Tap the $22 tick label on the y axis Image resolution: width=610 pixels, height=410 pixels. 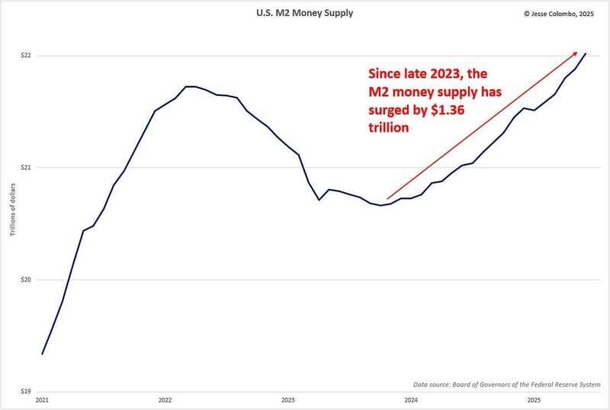[23, 56]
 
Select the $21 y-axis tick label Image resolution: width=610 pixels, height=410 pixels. [23, 168]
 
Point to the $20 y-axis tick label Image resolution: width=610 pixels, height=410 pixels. [23, 280]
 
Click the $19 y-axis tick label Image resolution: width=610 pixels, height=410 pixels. [23, 392]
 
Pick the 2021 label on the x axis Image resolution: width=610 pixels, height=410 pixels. [42, 399]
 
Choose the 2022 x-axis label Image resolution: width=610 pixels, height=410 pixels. [165, 399]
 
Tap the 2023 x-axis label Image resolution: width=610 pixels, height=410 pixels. [287, 399]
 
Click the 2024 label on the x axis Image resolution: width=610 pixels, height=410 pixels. [410, 399]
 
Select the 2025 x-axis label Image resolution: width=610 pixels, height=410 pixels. [533, 399]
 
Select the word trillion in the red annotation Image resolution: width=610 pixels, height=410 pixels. [390, 129]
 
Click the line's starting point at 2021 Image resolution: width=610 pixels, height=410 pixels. [42, 354]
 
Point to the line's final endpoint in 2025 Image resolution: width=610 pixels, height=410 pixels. [586, 53]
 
